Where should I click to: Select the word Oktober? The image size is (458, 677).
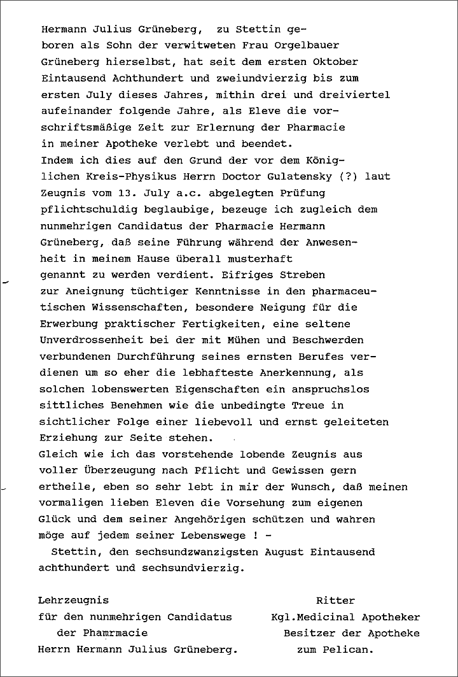tap(335, 62)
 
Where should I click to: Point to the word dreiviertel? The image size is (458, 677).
tap(355, 95)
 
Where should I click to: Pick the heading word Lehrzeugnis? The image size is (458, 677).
tap(74, 601)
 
